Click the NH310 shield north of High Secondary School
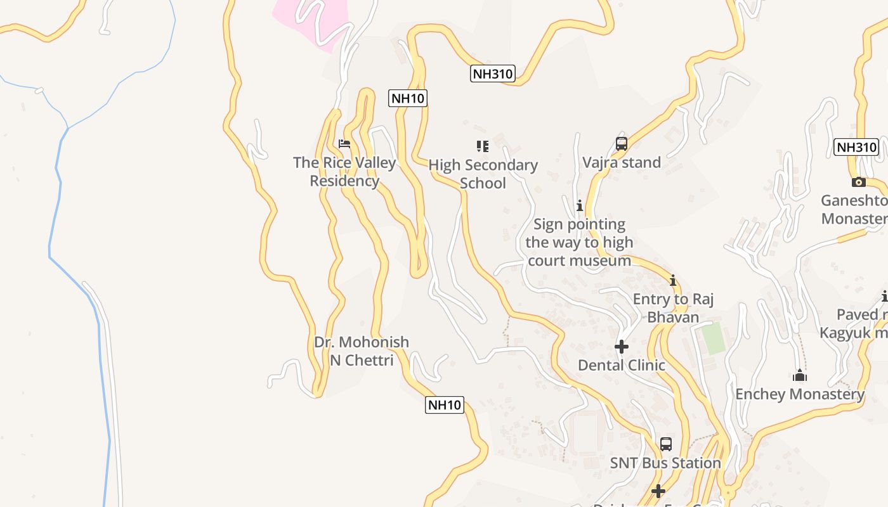[493, 74]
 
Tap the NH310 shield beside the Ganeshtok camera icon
[856, 147]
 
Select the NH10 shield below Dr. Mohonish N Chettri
[444, 404]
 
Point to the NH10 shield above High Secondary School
[408, 98]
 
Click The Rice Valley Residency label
[344, 172]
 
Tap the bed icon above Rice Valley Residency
[344, 144]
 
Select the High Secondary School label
[483, 174]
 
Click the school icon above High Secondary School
[483, 146]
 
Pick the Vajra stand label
[622, 162]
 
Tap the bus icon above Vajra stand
[622, 144]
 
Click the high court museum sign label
[579, 242]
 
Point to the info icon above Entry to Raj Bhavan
[673, 280]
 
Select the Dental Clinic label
[622, 365]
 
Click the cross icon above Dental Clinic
[622, 347]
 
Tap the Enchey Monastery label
[799, 394]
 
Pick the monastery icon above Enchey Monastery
[800, 376]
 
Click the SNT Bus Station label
[665, 463]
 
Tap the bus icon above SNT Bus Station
[665, 444]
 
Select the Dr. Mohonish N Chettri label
[362, 351]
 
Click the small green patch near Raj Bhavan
[714, 339]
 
